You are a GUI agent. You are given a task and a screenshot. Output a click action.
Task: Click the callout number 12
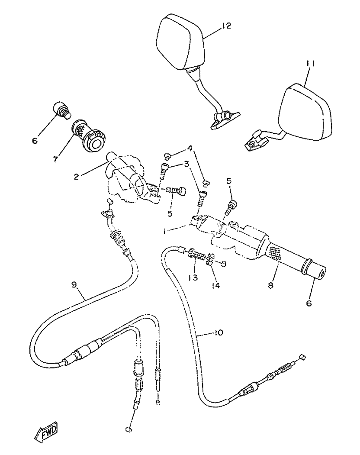pyautogui.click(x=226, y=26)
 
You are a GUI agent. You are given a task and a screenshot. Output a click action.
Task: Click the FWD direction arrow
pyautogui.click(x=46, y=431)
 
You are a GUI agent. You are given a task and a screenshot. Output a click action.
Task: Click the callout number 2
pyautogui.click(x=76, y=177)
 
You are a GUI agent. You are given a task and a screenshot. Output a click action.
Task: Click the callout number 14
pyautogui.click(x=215, y=286)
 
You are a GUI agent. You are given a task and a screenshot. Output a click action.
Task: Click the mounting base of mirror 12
pyautogui.click(x=225, y=119)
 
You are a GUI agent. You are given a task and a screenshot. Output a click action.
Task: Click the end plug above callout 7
pyautogui.click(x=60, y=108)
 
